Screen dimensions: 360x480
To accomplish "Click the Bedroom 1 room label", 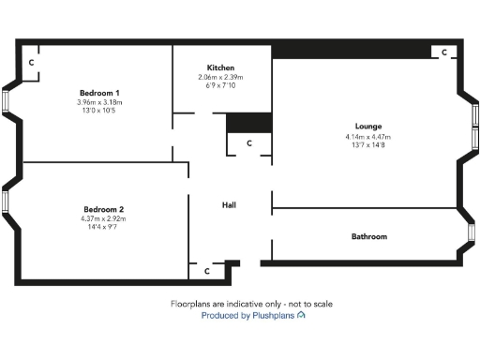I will pyautogui.click(x=99, y=93).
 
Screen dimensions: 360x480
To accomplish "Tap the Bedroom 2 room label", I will pyautogui.click(x=103, y=209).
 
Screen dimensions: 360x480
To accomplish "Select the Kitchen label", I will pyautogui.click(x=220, y=67).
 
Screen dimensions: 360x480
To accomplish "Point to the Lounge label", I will pyautogui.click(x=368, y=127).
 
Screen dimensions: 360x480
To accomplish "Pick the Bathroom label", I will pyautogui.click(x=368, y=236).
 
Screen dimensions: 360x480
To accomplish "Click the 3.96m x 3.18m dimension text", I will pyautogui.click(x=99, y=102).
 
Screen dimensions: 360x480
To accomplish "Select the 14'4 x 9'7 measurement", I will pyautogui.click(x=103, y=227).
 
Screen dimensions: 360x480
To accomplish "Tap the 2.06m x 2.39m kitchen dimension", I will pyautogui.click(x=220, y=77).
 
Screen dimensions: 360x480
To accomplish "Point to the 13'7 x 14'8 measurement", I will pyautogui.click(x=368, y=145).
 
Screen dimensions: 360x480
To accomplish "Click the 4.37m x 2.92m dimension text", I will pyautogui.click(x=103, y=218).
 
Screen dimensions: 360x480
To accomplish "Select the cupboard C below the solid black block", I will pyautogui.click(x=248, y=143).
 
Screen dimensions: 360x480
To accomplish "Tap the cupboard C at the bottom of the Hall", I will pyautogui.click(x=206, y=270).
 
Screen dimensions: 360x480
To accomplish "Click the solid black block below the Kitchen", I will pyautogui.click(x=249, y=123).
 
